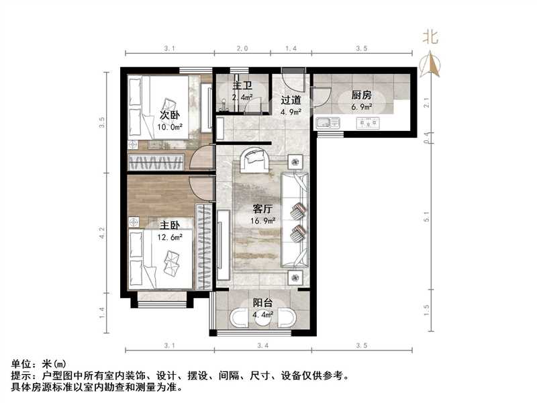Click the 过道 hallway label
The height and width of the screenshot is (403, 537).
290,100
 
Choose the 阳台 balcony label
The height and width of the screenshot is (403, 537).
262,302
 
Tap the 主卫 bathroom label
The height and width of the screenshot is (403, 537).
242,87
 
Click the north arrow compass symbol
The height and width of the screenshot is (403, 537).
430,64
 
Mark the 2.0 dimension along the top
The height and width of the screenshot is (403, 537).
242,49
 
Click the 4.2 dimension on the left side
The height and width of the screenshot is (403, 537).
102,232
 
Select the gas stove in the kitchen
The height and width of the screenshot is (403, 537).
367,123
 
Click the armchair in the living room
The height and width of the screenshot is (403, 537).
256,159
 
